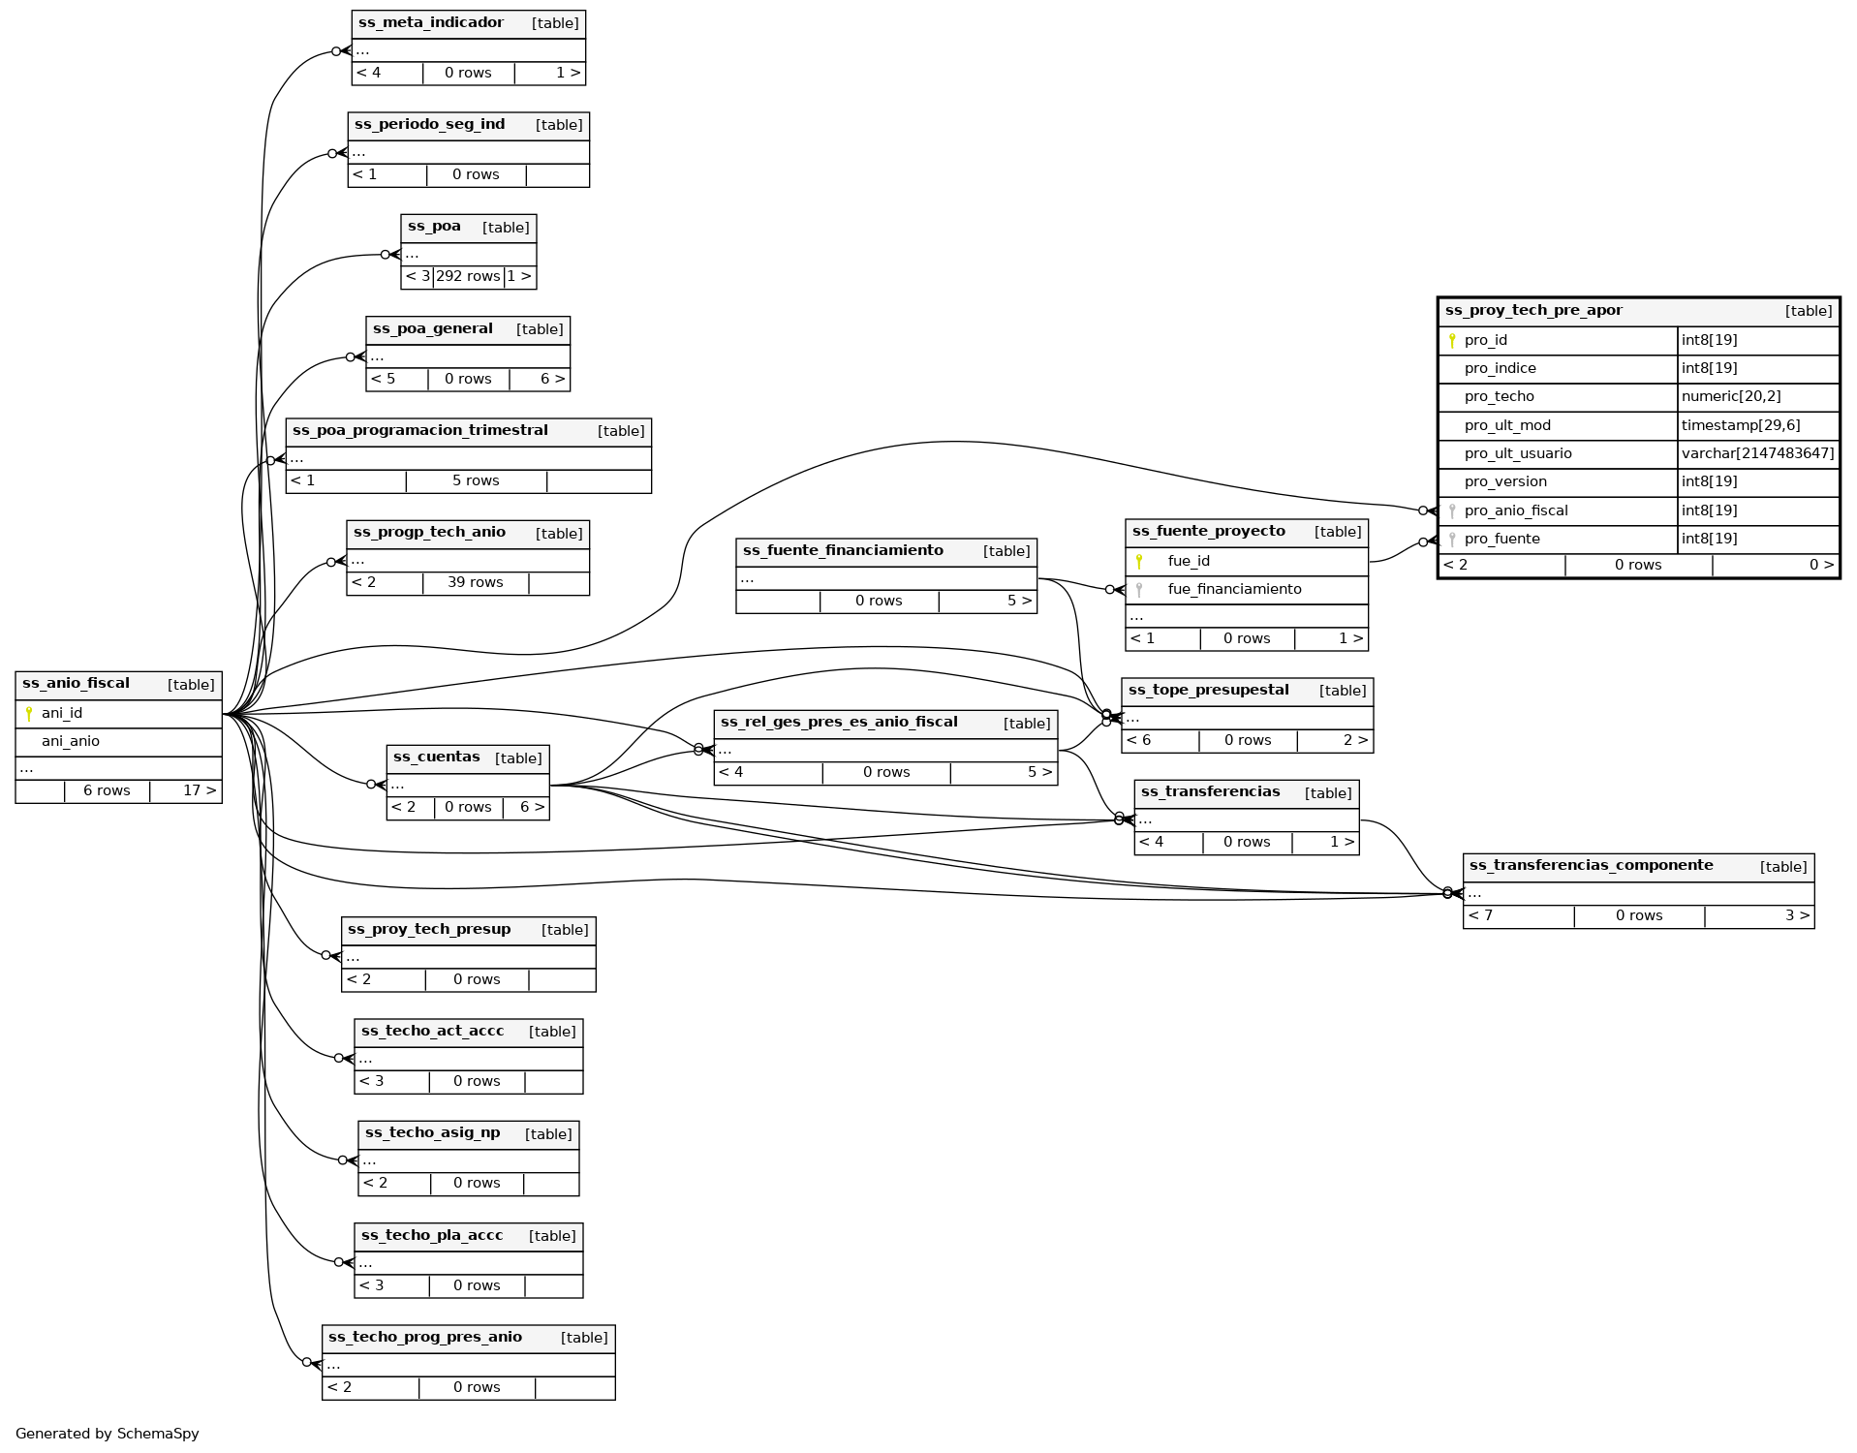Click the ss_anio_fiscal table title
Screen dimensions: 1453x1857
tap(76, 684)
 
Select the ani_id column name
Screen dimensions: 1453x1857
tap(62, 714)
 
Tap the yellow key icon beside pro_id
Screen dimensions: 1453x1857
tap(1452, 341)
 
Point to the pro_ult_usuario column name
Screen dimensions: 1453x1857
tap(1518, 454)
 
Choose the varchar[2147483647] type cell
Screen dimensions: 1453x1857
tap(1757, 454)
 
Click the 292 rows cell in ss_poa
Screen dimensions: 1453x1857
tap(468, 277)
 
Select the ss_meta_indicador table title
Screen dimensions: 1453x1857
tap(431, 23)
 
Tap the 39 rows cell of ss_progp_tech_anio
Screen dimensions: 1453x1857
tap(476, 583)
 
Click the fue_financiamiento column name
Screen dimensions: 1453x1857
tap(1234, 590)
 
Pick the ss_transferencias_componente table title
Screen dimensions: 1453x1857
tap(1591, 866)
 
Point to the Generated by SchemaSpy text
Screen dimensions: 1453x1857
tap(108, 1435)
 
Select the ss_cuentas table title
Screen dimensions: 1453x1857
tap(437, 757)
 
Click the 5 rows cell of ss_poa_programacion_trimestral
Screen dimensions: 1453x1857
tap(476, 481)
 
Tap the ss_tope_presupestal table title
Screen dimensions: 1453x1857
tap(1208, 691)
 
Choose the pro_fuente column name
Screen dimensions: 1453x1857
tap(1501, 540)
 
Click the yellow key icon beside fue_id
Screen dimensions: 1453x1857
tap(1139, 562)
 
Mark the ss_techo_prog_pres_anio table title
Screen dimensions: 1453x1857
tap(425, 1338)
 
